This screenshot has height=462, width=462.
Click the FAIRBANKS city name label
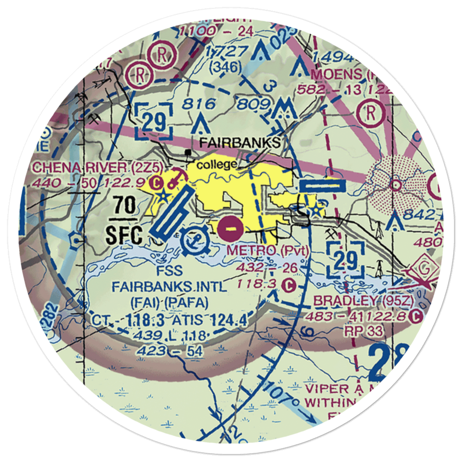click(x=240, y=142)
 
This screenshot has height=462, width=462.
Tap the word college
click(x=217, y=164)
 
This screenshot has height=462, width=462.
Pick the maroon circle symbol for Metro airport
click(x=230, y=227)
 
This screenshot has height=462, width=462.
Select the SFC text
click(x=124, y=235)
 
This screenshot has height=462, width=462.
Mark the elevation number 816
click(x=198, y=104)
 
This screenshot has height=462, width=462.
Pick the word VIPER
click(x=324, y=386)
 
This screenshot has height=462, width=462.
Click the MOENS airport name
click(x=336, y=73)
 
